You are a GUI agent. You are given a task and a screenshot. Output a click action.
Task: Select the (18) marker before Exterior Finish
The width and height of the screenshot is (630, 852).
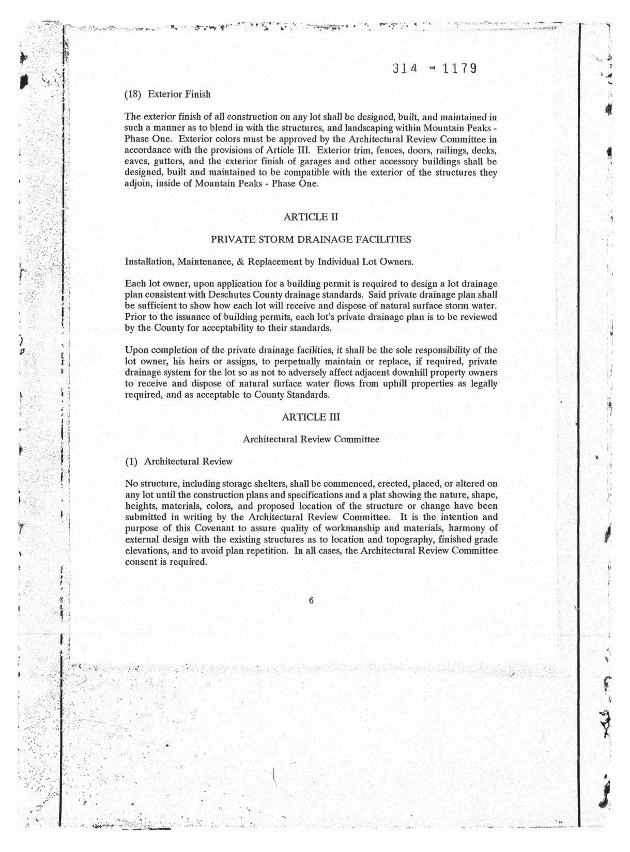click(134, 94)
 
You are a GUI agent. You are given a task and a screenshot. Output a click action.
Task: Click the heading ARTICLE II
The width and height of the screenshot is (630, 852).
click(311, 216)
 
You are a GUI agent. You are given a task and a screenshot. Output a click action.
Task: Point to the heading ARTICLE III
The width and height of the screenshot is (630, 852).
click(311, 416)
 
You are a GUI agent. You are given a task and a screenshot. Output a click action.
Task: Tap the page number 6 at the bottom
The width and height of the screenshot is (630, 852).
click(311, 600)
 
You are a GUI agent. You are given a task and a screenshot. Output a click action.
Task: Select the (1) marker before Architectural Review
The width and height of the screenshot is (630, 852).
click(132, 461)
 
